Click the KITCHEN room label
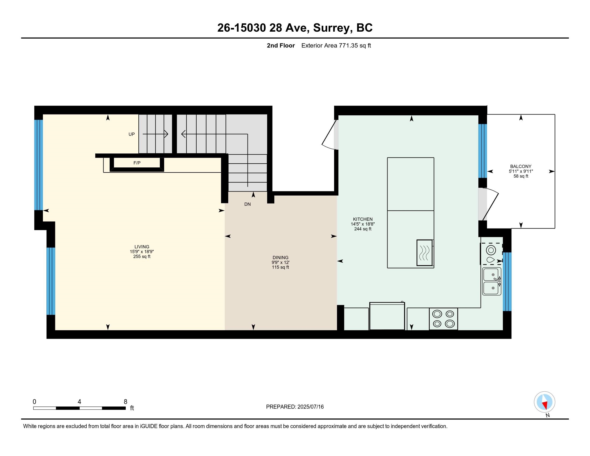point(363,219)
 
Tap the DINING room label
point(281,258)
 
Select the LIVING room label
point(142,247)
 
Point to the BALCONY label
point(521,166)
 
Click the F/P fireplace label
point(137,163)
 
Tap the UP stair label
point(132,134)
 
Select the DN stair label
point(248,204)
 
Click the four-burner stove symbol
point(443,319)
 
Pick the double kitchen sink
point(492,281)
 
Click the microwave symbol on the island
point(425,253)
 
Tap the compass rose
point(544,402)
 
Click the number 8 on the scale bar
point(125,402)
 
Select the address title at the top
point(295,28)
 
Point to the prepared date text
point(295,407)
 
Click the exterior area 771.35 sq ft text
point(336,46)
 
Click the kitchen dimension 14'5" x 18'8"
point(363,224)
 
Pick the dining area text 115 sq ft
point(281,267)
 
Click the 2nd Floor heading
point(281,46)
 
